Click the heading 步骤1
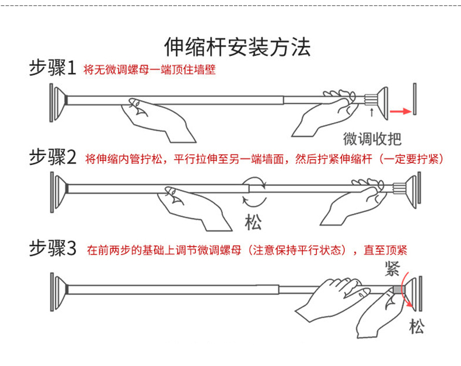click(x=53, y=68)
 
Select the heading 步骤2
click(x=53, y=157)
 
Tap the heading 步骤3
click(x=53, y=249)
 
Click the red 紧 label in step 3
click(x=392, y=269)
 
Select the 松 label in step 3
click(x=416, y=326)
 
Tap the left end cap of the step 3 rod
click(x=57, y=289)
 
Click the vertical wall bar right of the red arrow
click(x=413, y=99)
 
